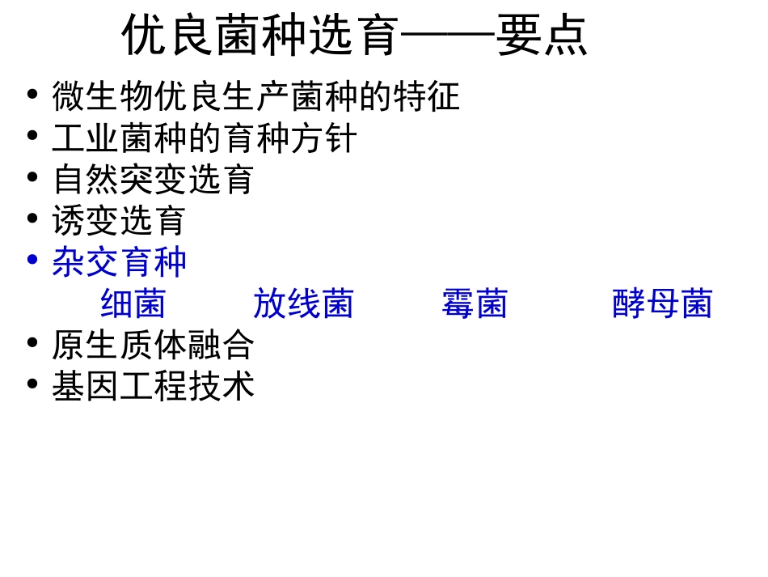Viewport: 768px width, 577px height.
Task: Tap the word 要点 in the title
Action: point(542,36)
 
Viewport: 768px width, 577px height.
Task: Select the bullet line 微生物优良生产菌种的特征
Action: point(255,97)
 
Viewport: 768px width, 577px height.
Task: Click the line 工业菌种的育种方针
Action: point(204,138)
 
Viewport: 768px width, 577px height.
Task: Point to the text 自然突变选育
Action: point(153,179)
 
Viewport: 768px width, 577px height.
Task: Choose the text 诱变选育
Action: point(119,220)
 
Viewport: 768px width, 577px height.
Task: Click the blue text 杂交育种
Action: point(119,262)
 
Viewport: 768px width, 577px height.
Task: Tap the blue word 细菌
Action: point(133,304)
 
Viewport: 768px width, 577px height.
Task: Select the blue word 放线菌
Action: point(303,304)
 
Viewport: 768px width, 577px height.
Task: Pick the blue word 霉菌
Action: point(475,304)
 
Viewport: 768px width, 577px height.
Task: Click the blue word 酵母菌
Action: point(662,304)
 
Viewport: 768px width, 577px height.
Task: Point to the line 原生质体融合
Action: point(153,346)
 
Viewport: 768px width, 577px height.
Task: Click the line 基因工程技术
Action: point(153,386)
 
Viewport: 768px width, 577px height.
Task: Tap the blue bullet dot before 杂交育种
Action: point(32,259)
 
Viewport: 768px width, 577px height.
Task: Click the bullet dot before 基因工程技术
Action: point(32,383)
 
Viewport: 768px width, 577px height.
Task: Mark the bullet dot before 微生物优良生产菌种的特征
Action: point(32,94)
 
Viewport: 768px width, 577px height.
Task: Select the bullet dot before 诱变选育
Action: point(32,217)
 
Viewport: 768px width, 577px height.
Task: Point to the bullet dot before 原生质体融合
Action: point(32,342)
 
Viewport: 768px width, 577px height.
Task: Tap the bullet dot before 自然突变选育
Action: point(32,176)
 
